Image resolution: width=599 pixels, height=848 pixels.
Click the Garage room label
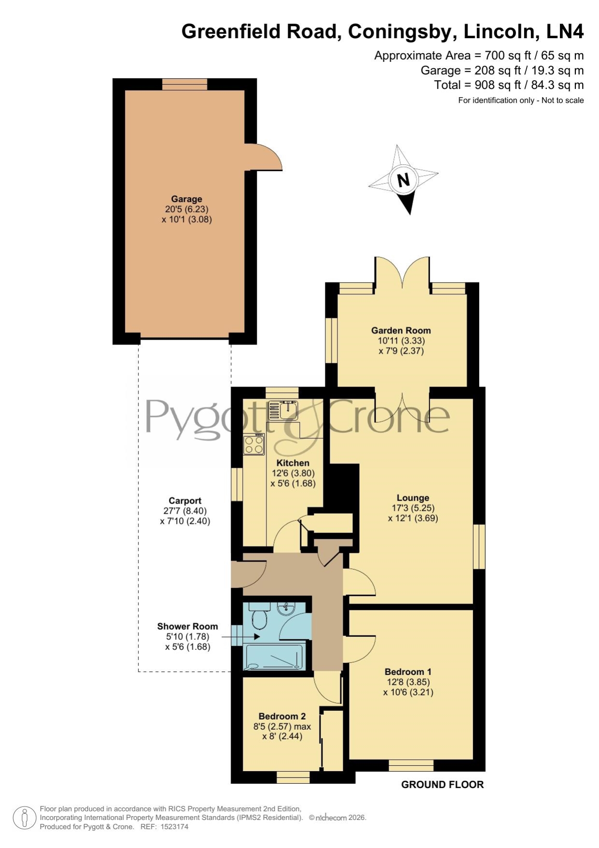pos(186,199)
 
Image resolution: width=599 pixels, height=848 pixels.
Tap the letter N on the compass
pos(403,180)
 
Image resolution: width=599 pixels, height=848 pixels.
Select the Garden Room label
pos(401,331)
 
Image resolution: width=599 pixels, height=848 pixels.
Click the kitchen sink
pos(283,410)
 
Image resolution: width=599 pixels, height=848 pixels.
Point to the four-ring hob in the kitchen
pos(254,444)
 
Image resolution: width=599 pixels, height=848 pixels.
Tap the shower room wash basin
pos(286,609)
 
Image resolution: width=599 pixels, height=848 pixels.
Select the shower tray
pos(276,656)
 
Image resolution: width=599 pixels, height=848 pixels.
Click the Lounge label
pos(413,498)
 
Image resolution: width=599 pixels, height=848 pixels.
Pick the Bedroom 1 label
pos(408,672)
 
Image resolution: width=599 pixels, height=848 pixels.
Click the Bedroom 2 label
pos(282,716)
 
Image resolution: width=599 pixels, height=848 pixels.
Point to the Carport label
pos(185,501)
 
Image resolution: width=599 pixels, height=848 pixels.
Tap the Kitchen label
pos(293,463)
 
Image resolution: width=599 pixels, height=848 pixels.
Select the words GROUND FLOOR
pos(443,785)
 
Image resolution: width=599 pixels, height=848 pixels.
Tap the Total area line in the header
pos(509,85)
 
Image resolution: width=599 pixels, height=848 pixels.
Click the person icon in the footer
pos(24,818)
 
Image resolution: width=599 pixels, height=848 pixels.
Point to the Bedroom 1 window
pos(411,765)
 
